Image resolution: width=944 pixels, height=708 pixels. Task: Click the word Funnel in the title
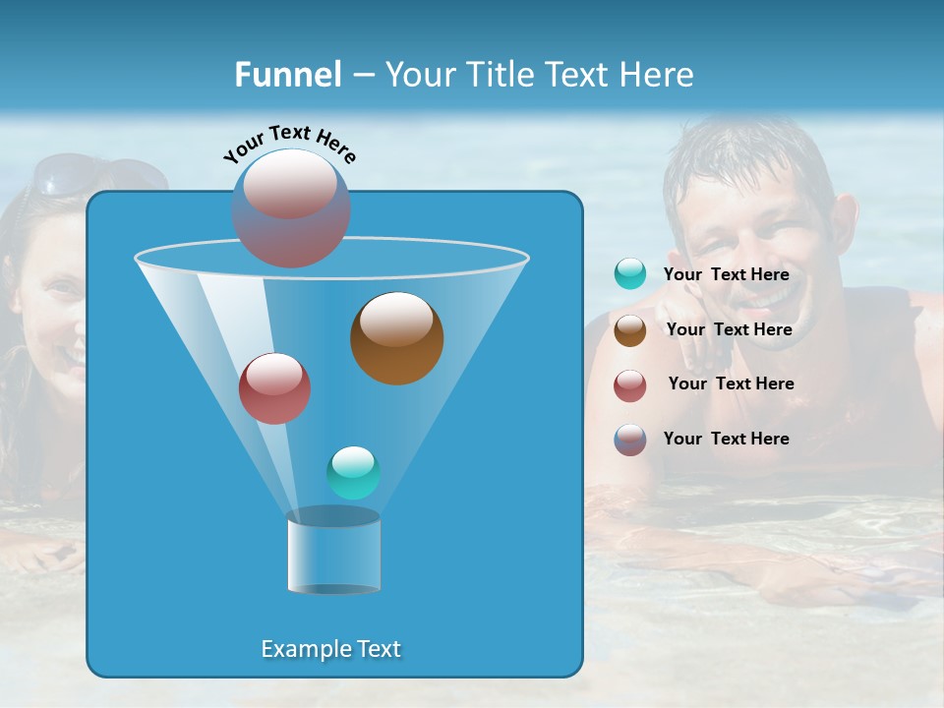pos(287,75)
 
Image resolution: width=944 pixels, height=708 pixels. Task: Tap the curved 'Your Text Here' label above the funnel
pos(289,144)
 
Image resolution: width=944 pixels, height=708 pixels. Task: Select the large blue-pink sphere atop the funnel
pos(291,208)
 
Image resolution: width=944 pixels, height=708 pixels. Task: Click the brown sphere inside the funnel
pos(396,338)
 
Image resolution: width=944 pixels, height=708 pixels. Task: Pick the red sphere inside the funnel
pos(274,388)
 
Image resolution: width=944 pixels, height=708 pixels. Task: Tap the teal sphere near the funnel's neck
pos(353,473)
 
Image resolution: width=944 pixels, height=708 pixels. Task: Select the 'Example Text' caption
pos(330,649)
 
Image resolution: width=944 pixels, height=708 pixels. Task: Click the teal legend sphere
pos(630,274)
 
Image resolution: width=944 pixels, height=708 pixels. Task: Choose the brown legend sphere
pos(630,330)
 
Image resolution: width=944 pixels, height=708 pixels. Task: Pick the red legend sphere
pos(630,385)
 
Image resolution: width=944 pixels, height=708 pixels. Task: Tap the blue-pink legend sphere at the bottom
pos(630,440)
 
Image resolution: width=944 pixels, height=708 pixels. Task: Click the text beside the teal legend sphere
pos(726,275)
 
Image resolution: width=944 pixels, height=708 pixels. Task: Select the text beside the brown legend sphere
pos(729,329)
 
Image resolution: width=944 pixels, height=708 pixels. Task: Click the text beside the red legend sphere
pos(731,383)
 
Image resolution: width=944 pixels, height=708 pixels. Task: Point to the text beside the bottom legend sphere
pos(726,439)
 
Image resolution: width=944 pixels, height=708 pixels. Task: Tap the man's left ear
pos(844,221)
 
